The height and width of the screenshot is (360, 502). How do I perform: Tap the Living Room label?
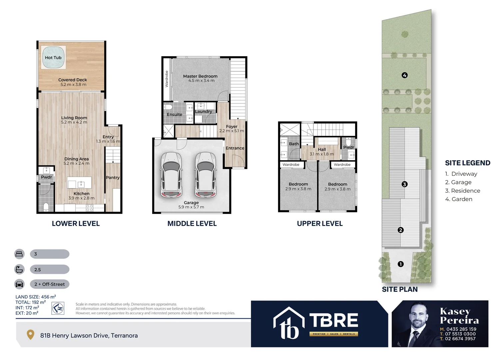click(x=74, y=118)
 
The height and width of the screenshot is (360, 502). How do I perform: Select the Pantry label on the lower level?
click(x=113, y=177)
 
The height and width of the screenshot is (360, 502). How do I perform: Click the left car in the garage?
click(x=171, y=175)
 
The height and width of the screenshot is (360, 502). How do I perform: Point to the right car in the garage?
click(x=205, y=175)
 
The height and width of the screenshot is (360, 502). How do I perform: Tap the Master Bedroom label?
click(x=200, y=76)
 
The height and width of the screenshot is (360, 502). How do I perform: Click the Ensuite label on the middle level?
click(x=175, y=114)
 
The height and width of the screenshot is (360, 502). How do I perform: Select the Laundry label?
click(x=204, y=111)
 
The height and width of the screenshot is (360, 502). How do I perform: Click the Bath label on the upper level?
click(x=294, y=144)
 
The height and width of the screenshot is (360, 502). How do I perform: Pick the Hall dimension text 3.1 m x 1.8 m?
click(x=321, y=154)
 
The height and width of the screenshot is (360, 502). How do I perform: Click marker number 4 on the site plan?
click(x=404, y=75)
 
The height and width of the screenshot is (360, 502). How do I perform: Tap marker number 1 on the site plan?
click(x=401, y=264)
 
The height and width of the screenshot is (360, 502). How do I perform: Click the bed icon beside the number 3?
click(x=19, y=254)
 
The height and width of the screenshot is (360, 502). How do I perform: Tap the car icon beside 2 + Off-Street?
click(x=19, y=284)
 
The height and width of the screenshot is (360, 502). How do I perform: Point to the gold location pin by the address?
click(x=30, y=335)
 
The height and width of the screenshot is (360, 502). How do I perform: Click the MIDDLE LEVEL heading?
click(x=192, y=224)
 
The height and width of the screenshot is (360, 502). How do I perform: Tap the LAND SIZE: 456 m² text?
click(x=36, y=297)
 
